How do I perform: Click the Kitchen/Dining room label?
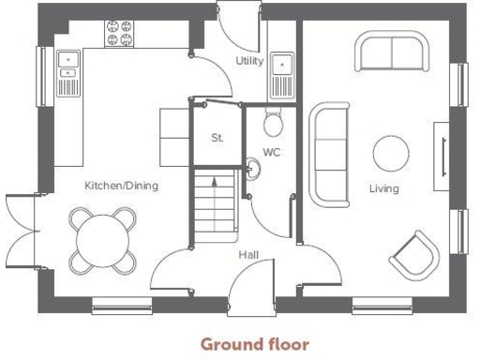tap(121, 186)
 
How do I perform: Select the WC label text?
tap(272, 151)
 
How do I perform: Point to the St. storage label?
tap(217, 138)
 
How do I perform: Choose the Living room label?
tap(383, 188)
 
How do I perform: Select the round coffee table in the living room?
tap(390, 152)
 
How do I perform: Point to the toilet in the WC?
tap(273, 122)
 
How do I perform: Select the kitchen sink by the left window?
tap(67, 71)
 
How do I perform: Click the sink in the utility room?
tap(281, 70)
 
